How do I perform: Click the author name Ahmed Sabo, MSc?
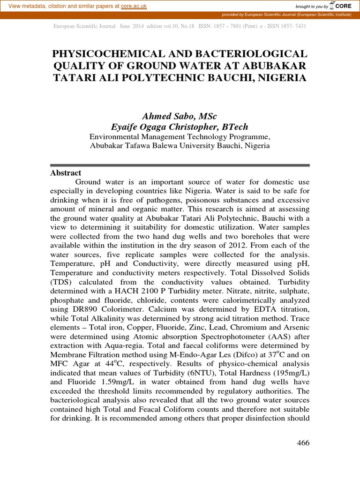click(180, 116)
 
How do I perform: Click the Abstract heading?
click(66, 173)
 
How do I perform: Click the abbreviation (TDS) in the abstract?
click(61, 282)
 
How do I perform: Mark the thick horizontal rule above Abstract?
click(180, 165)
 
